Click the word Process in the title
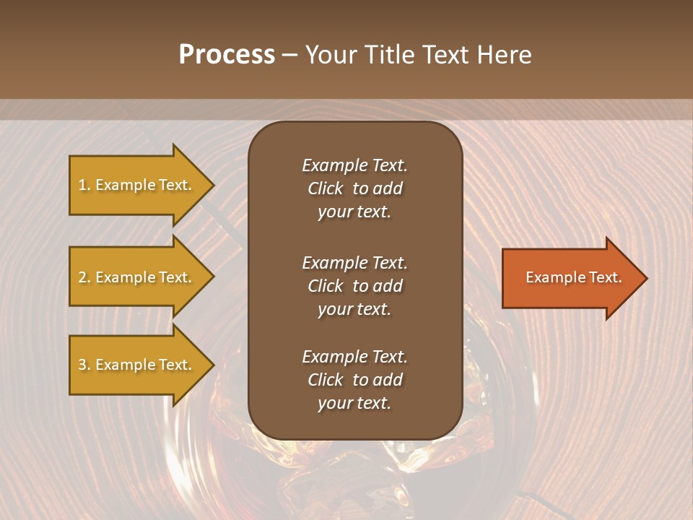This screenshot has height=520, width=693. coord(227,55)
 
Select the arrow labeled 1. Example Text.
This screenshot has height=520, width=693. coord(137,185)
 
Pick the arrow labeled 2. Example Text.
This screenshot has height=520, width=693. coord(137,277)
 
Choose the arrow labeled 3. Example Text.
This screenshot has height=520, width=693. coord(137,365)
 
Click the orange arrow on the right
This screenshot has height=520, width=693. coord(570,278)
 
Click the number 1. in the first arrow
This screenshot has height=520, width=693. coord(84,185)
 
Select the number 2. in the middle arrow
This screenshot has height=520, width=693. coord(84,277)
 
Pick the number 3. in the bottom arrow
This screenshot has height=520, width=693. coord(84,365)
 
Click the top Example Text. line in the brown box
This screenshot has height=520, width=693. coord(354,165)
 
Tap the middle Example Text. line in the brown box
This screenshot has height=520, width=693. coord(354,262)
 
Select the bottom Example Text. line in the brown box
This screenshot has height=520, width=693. coord(354,357)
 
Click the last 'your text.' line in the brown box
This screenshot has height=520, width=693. coord(354,403)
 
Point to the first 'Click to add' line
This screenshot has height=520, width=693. coord(354,188)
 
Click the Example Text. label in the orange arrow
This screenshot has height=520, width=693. coord(573,277)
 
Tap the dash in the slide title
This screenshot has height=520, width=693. coord(290,55)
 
